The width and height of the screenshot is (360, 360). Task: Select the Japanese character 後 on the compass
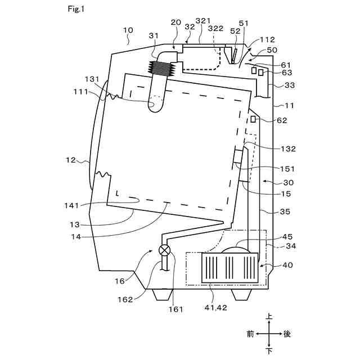point(287,334)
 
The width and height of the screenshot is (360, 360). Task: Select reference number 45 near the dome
point(288,236)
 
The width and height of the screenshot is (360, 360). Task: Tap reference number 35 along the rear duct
point(286,212)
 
